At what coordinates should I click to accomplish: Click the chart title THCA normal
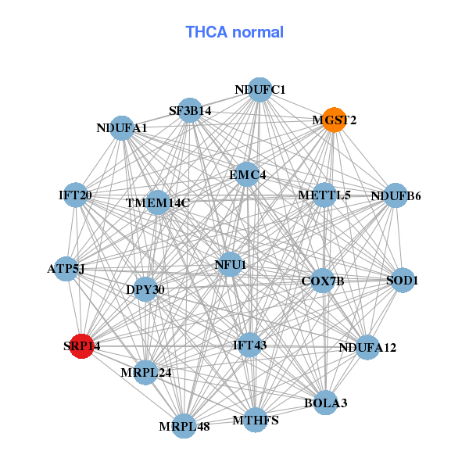[x=234, y=32]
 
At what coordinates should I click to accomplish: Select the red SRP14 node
[x=82, y=345]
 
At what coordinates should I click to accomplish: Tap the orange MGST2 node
[x=334, y=120]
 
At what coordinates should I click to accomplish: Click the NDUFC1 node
[x=260, y=90]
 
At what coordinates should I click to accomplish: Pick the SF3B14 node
[x=190, y=110]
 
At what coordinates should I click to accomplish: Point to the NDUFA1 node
[x=122, y=127]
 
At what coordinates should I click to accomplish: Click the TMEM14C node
[x=158, y=203]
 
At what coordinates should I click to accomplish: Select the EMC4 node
[x=247, y=175]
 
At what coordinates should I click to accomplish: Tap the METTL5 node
[x=324, y=195]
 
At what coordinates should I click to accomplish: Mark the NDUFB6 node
[x=396, y=195]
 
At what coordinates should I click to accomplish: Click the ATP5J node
[x=66, y=270]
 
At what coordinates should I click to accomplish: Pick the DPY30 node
[x=145, y=289]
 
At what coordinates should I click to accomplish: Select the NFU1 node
[x=230, y=265]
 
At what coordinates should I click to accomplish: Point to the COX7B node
[x=323, y=281]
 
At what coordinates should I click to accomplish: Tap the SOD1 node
[x=403, y=280]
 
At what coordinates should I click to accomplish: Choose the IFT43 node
[x=250, y=345]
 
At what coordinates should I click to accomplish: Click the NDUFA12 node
[x=367, y=347]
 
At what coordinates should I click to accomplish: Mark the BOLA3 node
[x=325, y=403]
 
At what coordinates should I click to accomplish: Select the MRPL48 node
[x=185, y=426]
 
